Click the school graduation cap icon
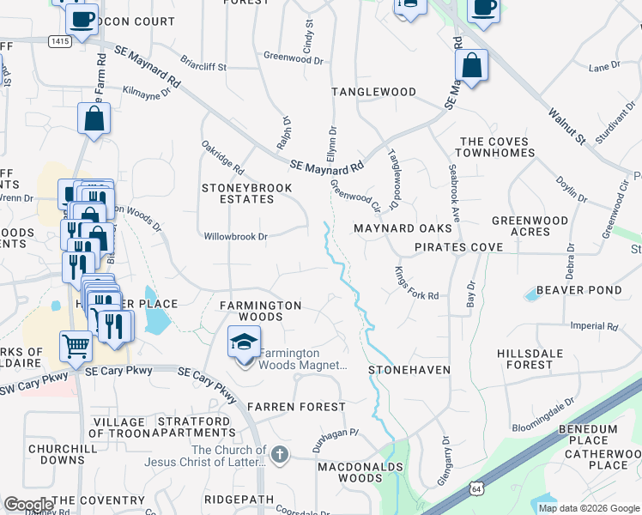245,343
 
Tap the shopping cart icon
76,347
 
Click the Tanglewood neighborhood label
374,92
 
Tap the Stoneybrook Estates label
237,193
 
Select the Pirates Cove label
458,247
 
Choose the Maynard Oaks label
403,229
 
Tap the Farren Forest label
295,406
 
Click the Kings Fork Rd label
416,283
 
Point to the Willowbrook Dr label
236,236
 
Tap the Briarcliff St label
203,65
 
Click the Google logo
29,505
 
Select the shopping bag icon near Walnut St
471,66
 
